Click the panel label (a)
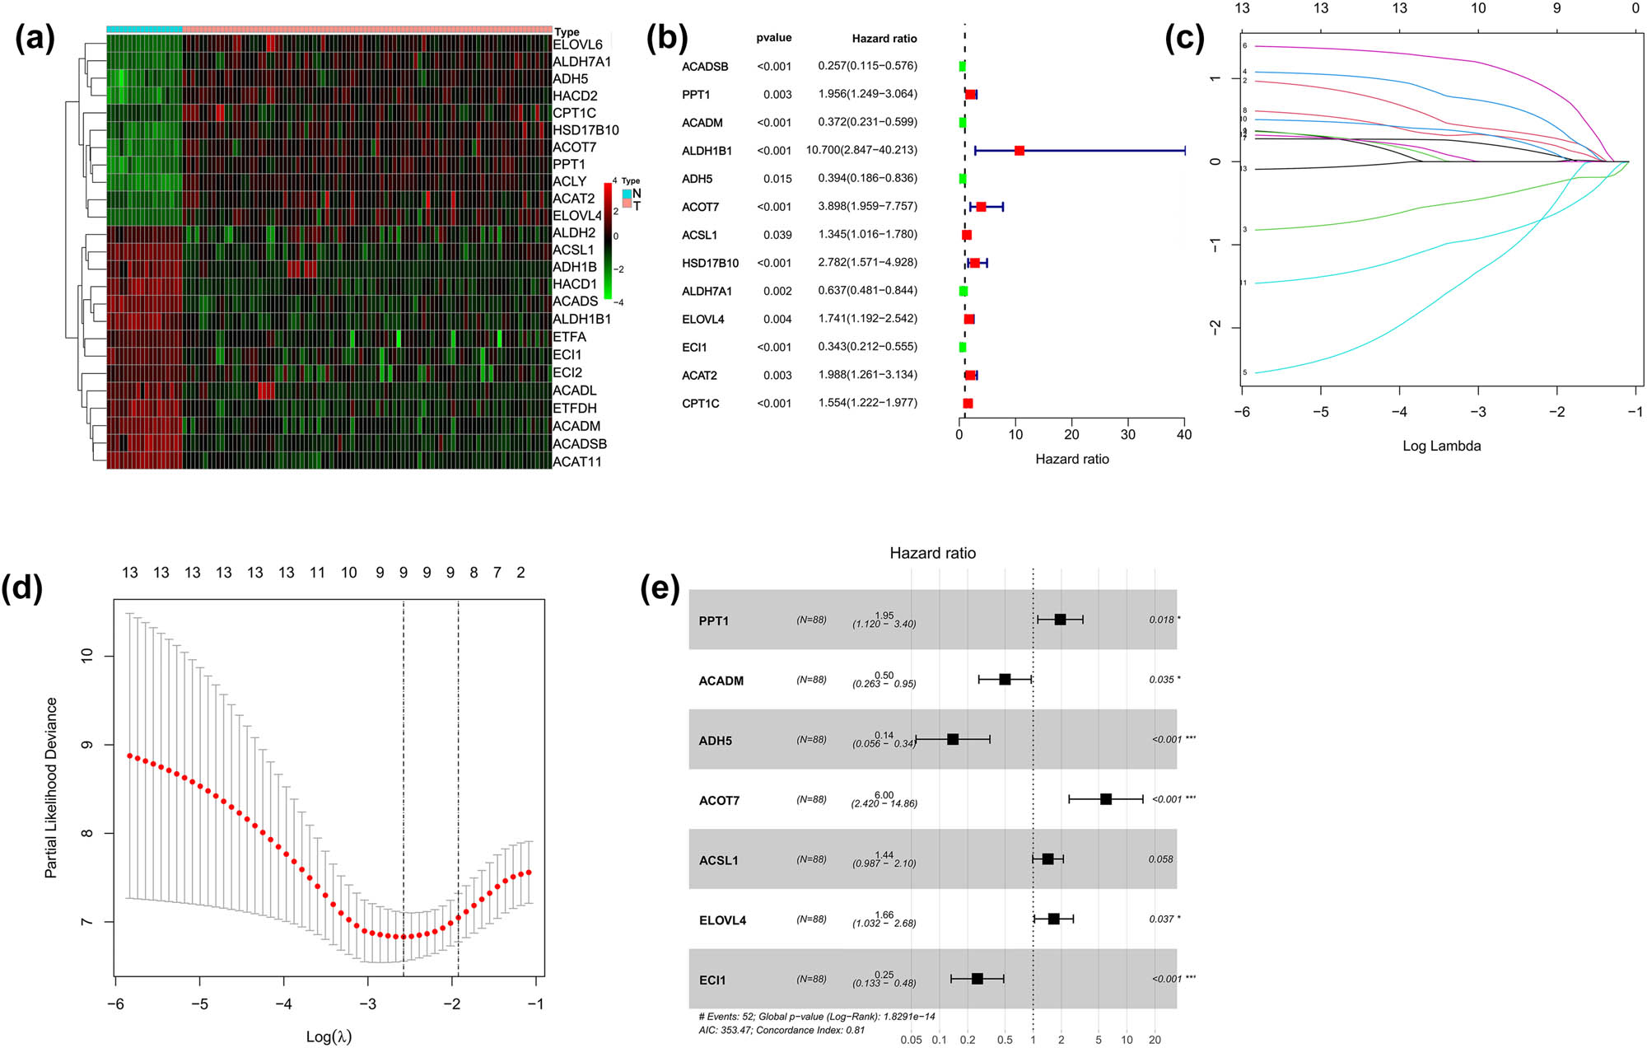tap(35, 39)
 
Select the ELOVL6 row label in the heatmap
tap(577, 44)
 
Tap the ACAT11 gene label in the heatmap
tap(576, 461)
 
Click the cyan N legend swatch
tap(628, 194)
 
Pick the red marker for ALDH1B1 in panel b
tap(1019, 151)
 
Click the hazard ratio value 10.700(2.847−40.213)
tap(861, 150)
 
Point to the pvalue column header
tap(774, 38)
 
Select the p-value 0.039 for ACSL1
tap(777, 235)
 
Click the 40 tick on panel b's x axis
tap(1184, 434)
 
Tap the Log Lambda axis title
tap(1441, 446)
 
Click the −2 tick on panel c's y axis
tap(1215, 328)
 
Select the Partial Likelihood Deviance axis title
tap(51, 787)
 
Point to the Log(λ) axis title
tap(329, 1036)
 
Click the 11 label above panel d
tap(317, 573)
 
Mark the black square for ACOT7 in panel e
tap(1106, 799)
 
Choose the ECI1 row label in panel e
tap(712, 980)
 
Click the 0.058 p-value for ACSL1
tap(1160, 859)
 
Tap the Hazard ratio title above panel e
tap(932, 554)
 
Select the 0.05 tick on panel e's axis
tap(911, 1040)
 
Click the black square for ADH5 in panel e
tap(953, 740)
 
